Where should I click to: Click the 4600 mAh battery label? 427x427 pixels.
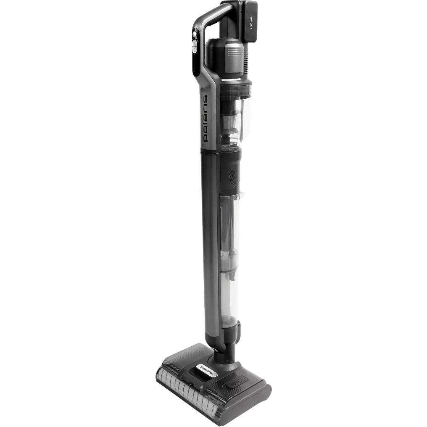pyautogui.click(x=252, y=22)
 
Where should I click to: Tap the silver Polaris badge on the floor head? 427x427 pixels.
pyautogui.click(x=207, y=370)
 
